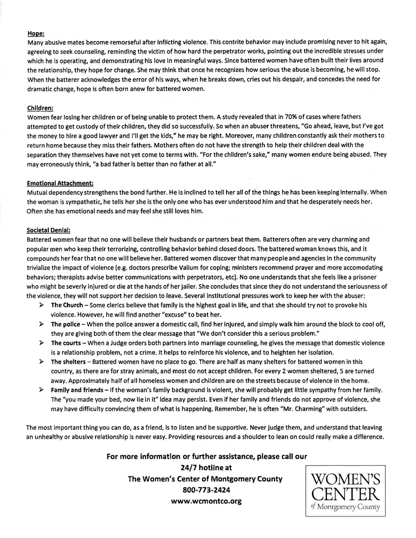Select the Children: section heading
point(40,108)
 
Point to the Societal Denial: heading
point(48,230)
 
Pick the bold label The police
point(65,324)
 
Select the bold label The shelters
point(68,362)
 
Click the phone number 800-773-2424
point(206,490)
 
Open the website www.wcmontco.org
point(206,501)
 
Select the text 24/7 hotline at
point(207,468)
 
